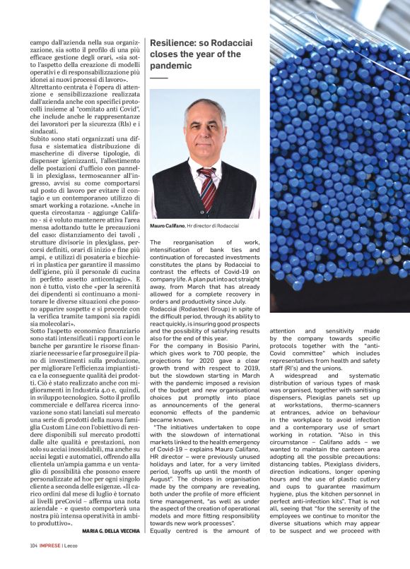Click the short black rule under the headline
159,76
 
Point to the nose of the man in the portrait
204,135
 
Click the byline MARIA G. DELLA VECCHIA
110,549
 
